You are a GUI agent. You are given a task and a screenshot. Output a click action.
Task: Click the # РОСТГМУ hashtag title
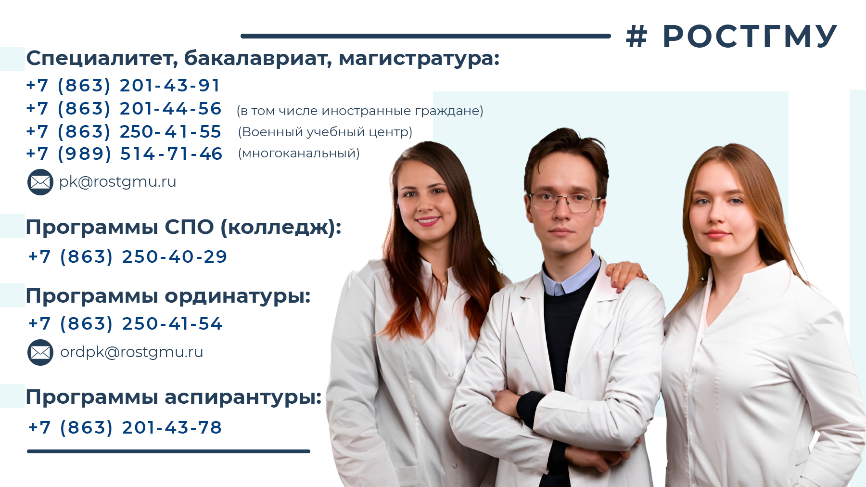pos(731,36)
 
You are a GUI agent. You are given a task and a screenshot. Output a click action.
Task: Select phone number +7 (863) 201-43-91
pos(123,86)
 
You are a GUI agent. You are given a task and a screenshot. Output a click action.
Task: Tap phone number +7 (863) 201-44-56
pos(124,109)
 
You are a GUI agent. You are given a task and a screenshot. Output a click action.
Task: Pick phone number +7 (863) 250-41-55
pos(124,131)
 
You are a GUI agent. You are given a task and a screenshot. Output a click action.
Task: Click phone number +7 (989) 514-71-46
pos(124,154)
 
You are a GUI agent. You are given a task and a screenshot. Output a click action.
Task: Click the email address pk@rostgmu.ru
pos(118,182)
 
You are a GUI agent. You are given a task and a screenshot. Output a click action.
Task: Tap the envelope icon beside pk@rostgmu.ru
pos(40,182)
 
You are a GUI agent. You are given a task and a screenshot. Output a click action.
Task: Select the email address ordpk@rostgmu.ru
pos(132,352)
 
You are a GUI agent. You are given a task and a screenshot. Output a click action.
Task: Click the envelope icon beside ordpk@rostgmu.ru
pos(40,352)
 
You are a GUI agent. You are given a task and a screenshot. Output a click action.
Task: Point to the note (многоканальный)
pos(299,153)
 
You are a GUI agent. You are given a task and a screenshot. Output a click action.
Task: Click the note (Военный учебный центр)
pos(325,132)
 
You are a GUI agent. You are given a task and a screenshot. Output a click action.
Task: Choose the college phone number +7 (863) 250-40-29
pos(127,257)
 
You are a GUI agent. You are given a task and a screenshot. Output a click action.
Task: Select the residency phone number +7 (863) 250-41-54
pos(125,324)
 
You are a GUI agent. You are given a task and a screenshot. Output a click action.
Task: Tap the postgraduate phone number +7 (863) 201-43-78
pos(125,427)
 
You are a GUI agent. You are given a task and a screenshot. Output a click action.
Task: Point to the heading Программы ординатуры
pos(168,296)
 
